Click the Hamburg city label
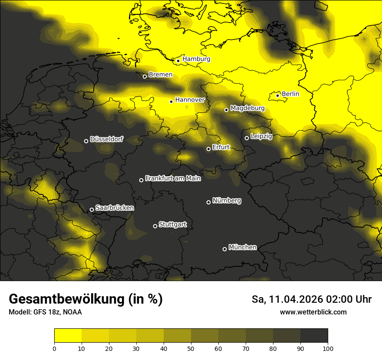[x=196, y=59]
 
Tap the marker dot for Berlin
[x=277, y=95]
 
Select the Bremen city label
[x=160, y=75]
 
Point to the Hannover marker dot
[x=171, y=101]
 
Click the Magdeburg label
[x=247, y=108]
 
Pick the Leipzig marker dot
[x=247, y=138]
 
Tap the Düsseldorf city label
[x=106, y=140]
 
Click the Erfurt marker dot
[x=208, y=149]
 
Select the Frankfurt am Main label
[x=173, y=178]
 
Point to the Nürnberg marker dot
[x=208, y=202]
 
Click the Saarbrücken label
[x=115, y=208]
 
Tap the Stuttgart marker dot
[x=155, y=226]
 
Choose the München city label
[x=242, y=247]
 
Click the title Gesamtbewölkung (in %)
[x=86, y=299]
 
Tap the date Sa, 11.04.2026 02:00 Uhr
[x=311, y=299]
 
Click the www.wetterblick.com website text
[x=313, y=312]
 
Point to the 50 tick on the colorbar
[x=191, y=348]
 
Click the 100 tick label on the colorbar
[x=328, y=348]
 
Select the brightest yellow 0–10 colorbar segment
[x=68, y=336]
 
